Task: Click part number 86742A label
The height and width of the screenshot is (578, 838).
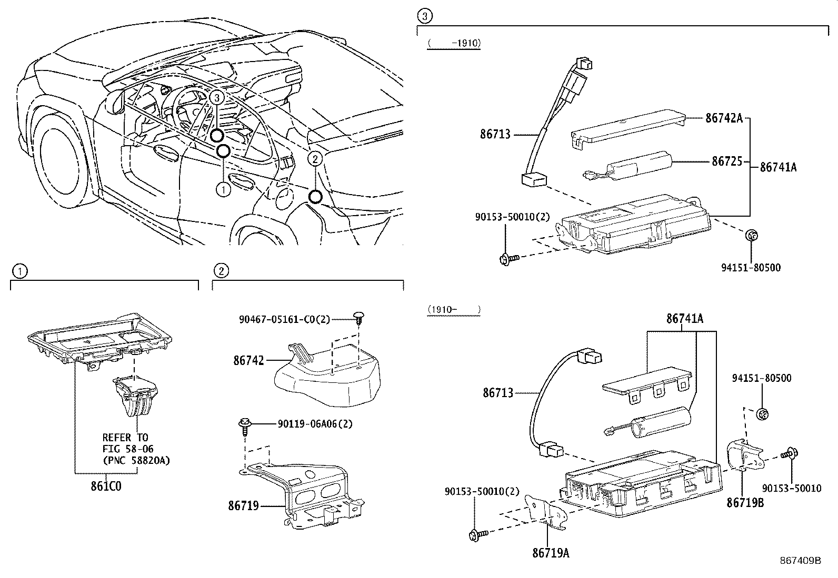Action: click(x=723, y=118)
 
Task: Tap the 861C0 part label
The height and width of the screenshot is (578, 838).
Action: click(x=106, y=486)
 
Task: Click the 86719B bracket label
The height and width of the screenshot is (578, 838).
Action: click(x=745, y=502)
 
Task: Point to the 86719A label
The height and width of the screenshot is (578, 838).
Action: click(x=551, y=553)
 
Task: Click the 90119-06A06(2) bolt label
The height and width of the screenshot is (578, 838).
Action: click(x=315, y=424)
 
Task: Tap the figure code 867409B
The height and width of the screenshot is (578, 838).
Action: click(x=801, y=561)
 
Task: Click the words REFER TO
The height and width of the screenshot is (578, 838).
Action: click(x=125, y=437)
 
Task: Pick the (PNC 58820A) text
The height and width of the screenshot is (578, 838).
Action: click(x=136, y=460)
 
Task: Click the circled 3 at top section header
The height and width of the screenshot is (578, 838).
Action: click(x=424, y=16)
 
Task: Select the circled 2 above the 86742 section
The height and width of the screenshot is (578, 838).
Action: click(x=221, y=271)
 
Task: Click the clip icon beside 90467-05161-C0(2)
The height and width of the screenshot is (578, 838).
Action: click(x=360, y=318)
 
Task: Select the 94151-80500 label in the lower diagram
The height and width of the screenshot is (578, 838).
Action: click(x=761, y=378)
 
